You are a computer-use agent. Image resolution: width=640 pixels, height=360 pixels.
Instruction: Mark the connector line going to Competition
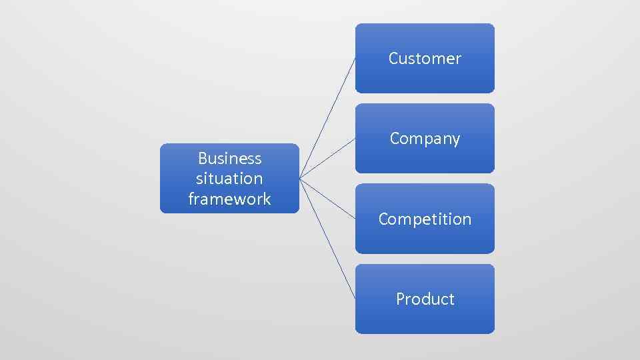(327, 199)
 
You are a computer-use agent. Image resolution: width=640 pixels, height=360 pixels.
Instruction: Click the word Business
(229, 159)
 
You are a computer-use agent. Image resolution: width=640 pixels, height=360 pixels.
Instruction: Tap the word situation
(229, 179)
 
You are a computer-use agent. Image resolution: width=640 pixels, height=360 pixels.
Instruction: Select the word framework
(229, 199)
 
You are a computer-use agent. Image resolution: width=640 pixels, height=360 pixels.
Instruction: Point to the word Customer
(425, 59)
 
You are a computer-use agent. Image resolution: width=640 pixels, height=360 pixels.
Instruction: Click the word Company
(425, 139)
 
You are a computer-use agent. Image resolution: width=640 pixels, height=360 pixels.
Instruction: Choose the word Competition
(425, 219)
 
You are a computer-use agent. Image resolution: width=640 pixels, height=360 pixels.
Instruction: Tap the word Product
(425, 299)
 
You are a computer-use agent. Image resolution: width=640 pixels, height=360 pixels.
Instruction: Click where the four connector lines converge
(300, 179)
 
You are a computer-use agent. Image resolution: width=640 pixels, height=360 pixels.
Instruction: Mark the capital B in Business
(202, 159)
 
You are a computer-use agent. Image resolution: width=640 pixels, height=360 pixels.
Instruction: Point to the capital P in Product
(400, 299)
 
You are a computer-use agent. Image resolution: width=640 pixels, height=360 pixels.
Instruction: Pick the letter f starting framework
(191, 198)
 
